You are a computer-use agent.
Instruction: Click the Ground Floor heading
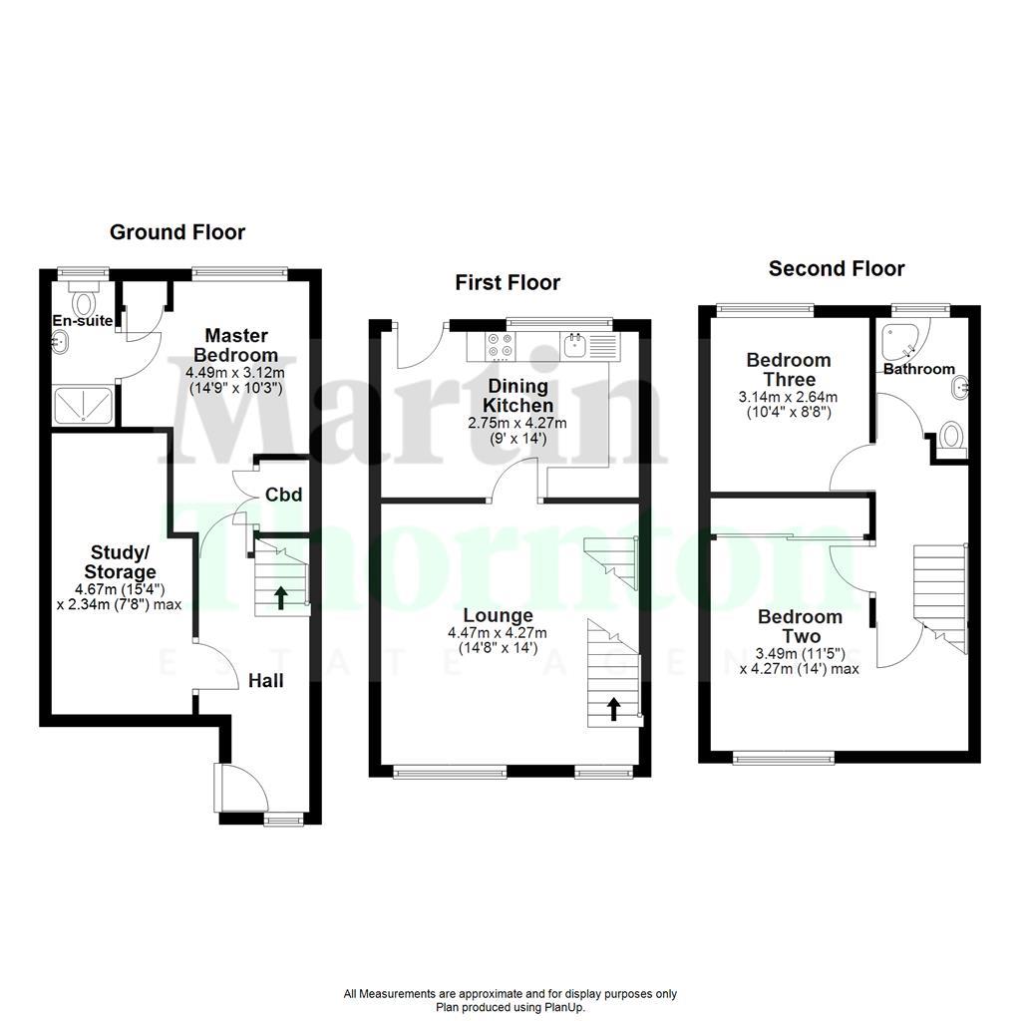pos(176,232)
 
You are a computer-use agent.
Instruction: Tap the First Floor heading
pos(508,283)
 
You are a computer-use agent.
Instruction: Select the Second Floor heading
pos(837,268)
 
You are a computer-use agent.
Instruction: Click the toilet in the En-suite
pos(84,301)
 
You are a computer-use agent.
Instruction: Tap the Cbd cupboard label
pos(283,495)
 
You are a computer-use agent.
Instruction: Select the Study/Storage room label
pos(123,562)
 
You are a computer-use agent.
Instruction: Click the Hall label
pos(266,681)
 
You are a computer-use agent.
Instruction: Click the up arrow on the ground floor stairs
pos(281,597)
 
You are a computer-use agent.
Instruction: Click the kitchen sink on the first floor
pos(574,346)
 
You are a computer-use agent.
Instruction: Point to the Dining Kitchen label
pos(517,396)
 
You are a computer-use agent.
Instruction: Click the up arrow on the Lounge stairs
pos(613,708)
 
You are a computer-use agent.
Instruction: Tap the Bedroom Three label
pos(788,370)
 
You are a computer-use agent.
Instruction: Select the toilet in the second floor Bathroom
pos(952,437)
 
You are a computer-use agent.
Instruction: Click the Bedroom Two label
pos(800,626)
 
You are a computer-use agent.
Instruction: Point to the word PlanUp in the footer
pos(564,1007)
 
